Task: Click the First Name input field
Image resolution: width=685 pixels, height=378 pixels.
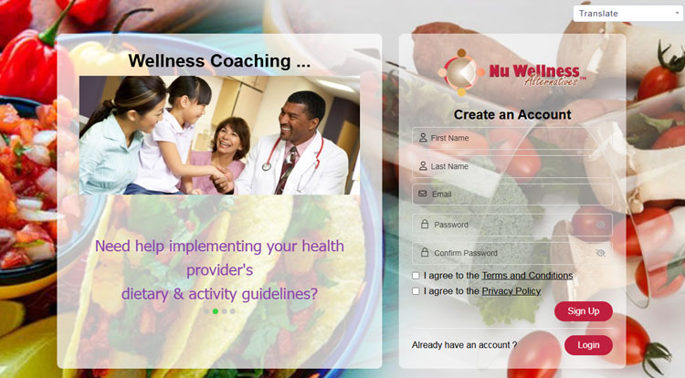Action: coord(512,138)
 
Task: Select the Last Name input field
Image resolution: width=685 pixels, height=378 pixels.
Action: coord(512,166)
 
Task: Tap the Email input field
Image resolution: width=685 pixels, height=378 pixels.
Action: coord(512,194)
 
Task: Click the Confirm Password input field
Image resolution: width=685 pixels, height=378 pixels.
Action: coord(512,253)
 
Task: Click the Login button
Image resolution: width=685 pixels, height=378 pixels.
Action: coord(588,345)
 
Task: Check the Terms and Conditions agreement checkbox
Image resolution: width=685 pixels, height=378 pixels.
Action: coord(416,276)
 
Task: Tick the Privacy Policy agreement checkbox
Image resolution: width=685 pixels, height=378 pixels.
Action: coord(416,291)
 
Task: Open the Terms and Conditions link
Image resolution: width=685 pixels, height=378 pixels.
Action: coord(527,276)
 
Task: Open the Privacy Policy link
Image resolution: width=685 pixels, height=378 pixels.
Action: coord(511,291)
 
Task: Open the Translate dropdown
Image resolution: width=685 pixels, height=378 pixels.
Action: coord(628,14)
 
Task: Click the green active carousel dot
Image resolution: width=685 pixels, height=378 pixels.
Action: coord(216,311)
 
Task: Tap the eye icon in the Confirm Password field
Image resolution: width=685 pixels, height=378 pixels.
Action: coord(601,253)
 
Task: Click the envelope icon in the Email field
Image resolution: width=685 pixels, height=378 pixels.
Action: coord(423,194)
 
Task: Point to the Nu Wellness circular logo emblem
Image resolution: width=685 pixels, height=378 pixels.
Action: coord(461,72)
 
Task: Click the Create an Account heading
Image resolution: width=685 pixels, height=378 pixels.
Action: coord(512,115)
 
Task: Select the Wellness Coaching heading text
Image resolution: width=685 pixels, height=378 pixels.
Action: coord(219,61)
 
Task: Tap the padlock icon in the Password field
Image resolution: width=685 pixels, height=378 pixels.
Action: coord(424,225)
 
